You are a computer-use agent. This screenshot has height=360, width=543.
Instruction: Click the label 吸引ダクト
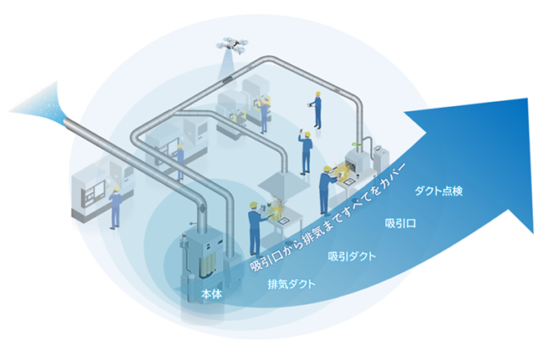coord(352,255)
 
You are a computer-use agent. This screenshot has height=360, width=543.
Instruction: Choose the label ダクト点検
coord(439,191)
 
